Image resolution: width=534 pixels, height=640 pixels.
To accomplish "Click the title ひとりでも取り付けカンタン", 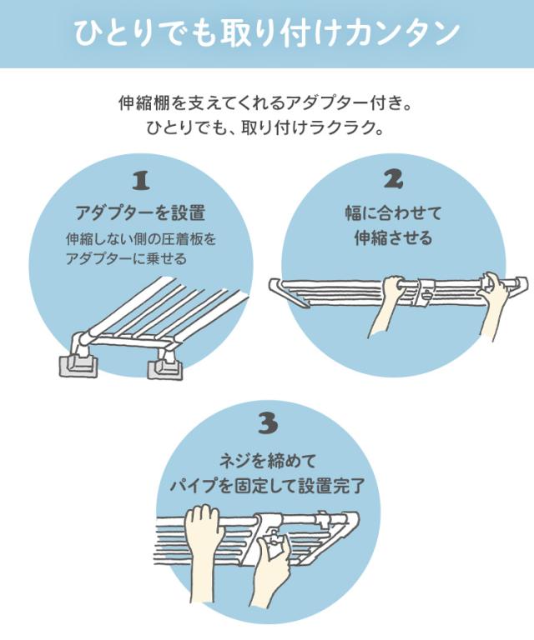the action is [266, 32].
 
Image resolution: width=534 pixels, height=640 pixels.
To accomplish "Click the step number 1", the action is [141, 180].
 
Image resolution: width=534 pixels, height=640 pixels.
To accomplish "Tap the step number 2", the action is [393, 179].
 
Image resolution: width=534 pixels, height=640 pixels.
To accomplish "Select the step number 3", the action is [268, 423].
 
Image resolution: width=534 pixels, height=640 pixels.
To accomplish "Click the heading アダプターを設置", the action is [140, 212].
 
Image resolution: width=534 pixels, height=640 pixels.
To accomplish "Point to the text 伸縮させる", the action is [393, 237].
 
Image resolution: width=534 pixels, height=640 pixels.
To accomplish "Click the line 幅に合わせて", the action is [393, 212].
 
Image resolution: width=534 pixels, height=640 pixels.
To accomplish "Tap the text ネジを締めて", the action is [268, 461].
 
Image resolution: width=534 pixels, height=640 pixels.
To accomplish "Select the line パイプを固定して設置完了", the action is [268, 486].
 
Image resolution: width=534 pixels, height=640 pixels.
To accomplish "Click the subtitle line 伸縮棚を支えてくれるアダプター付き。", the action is [264, 103].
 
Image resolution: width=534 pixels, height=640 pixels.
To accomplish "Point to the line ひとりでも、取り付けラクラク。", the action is [264, 128].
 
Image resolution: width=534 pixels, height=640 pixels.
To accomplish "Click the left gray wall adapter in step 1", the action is [78, 364].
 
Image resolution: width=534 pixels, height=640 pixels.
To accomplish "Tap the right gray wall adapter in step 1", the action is [165, 369].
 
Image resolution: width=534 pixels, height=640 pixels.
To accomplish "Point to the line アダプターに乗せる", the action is [126, 258].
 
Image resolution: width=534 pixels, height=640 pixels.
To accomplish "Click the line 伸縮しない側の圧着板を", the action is [141, 239].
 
